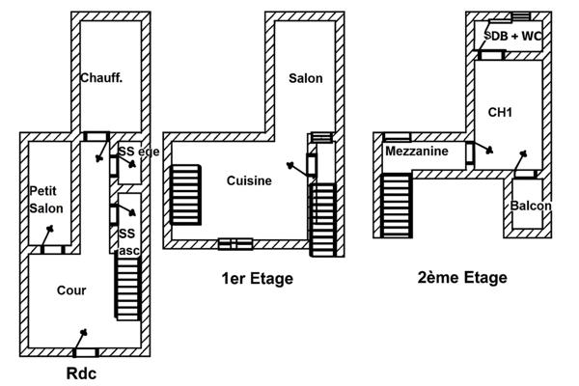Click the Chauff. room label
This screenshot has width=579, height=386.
click(100, 78)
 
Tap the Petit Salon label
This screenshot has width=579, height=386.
click(46, 200)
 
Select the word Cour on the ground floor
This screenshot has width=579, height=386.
click(71, 290)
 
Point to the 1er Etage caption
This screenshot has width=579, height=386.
click(257, 279)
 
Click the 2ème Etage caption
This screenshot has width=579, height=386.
click(462, 278)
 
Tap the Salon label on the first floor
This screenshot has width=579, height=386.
click(305, 78)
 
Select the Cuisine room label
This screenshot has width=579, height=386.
click(249, 180)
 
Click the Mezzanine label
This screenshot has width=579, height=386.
click(415, 152)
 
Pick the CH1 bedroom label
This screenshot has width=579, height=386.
click(500, 113)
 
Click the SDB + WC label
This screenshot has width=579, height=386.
click(512, 36)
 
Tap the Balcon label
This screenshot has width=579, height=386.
click(531, 207)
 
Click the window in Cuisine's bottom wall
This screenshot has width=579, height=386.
click(234, 243)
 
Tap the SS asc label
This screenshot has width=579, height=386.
click(128, 241)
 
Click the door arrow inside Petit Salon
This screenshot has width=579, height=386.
click(48, 230)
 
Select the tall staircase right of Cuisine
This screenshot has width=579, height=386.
click(321, 217)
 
